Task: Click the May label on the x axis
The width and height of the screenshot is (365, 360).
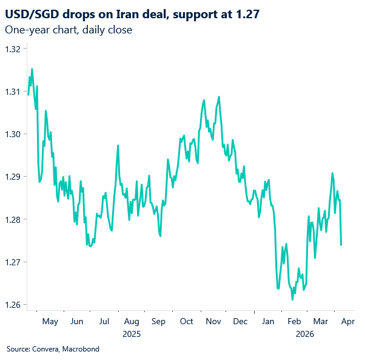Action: [x=50, y=321]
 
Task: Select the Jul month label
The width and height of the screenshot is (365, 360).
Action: [x=104, y=321]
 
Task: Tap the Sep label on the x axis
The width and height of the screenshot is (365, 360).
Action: [x=159, y=321]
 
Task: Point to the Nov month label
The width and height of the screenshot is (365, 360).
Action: [x=213, y=321]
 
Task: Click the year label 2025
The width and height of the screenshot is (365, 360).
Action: [x=132, y=333]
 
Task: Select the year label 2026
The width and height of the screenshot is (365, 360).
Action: [x=304, y=333]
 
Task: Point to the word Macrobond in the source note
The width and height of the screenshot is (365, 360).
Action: [x=80, y=349]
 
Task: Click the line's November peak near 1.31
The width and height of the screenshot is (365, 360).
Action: [x=218, y=97]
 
